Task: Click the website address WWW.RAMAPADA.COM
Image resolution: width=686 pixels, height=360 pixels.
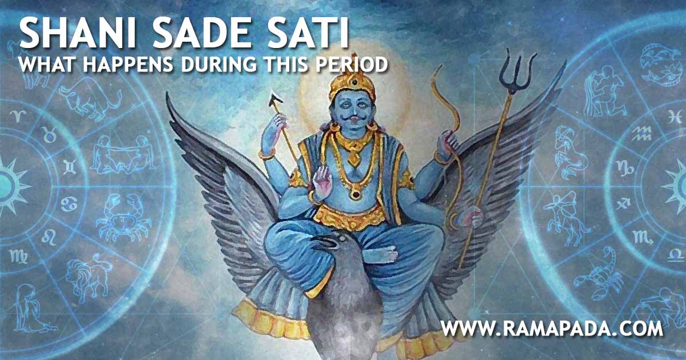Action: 552,329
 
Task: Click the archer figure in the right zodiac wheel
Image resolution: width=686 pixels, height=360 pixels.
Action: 563,211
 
